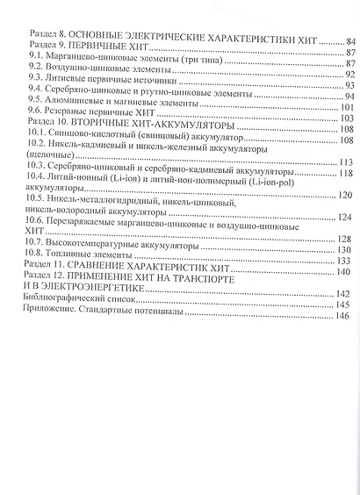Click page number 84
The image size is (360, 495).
(350, 40)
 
